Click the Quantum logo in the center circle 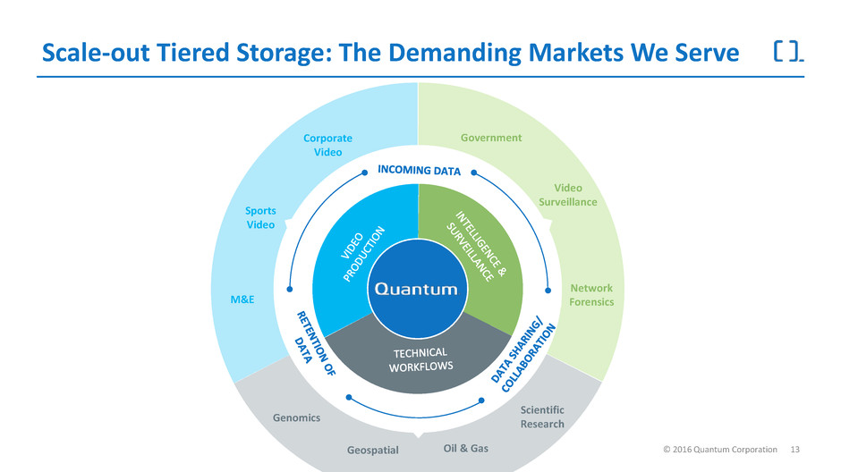click(x=417, y=288)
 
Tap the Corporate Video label click(x=327, y=145)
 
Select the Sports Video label click(x=260, y=217)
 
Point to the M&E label click(x=242, y=299)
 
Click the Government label click(x=490, y=138)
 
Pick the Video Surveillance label click(x=568, y=195)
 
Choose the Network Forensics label click(x=591, y=295)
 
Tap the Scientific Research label click(x=542, y=417)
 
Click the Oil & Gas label click(x=466, y=448)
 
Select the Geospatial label click(x=371, y=451)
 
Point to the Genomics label click(x=296, y=417)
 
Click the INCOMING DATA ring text click(x=418, y=170)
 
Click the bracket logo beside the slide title click(x=786, y=53)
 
